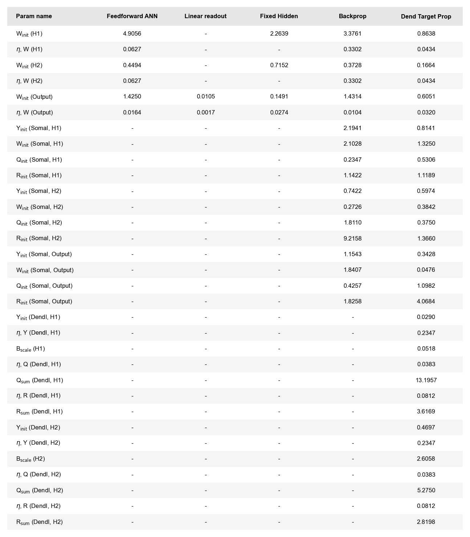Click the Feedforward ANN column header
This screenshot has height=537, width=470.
point(132,16)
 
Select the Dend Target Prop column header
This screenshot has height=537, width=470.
point(426,17)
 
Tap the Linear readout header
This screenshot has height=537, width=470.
point(205,16)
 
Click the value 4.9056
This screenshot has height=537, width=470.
point(132,34)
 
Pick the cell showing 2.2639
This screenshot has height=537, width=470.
point(279,34)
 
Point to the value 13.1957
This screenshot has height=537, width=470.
point(426,380)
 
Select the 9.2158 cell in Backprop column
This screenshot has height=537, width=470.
point(352,238)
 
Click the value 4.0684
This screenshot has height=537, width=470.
point(426,301)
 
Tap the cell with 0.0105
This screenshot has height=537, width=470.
point(206,97)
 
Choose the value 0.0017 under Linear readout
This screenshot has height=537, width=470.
point(206,113)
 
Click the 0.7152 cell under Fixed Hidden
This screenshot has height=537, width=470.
point(279,65)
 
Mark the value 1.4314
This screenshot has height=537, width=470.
point(352,97)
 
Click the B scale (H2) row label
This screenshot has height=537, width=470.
point(31,459)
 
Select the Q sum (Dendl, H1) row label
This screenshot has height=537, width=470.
point(40,380)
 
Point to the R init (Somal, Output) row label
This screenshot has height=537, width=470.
point(44,302)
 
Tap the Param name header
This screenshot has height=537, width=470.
point(34,16)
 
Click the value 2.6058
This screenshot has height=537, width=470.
point(426,459)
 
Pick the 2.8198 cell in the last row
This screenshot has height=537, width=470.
point(426,522)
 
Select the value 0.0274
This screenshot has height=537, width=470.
point(279,113)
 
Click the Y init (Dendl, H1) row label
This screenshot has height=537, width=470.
point(38,317)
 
